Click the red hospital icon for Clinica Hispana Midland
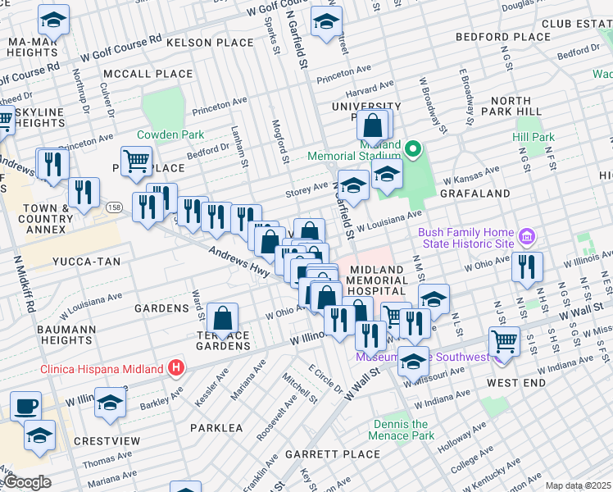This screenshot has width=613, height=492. coord(175,368)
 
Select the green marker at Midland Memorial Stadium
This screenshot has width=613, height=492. coord(414,150)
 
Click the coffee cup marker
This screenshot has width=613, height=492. coord(25,406)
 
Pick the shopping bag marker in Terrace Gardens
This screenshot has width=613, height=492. coord(222,317)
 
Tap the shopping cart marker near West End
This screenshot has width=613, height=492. coord(504,340)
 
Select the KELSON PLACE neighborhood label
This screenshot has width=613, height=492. coord(210,42)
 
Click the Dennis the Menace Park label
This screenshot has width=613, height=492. coord(403,430)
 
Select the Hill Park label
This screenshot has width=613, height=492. coord(534,138)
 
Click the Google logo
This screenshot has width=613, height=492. coord(27,482)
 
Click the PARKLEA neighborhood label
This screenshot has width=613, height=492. coord(216,428)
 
